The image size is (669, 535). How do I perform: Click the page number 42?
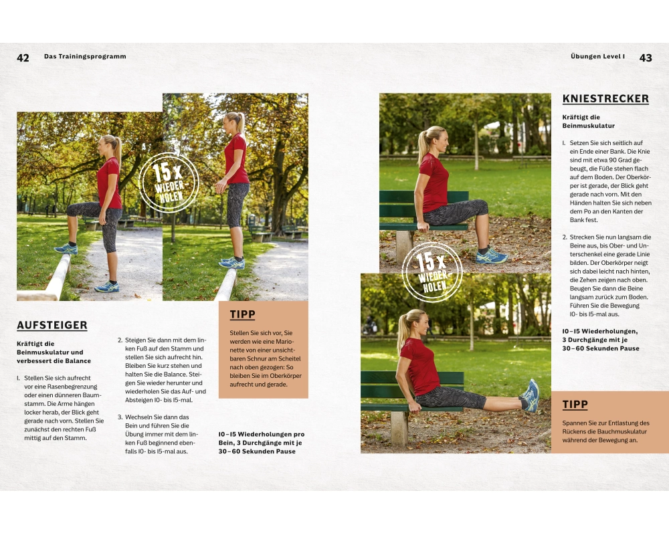(23, 58)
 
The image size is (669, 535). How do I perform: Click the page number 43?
(646, 58)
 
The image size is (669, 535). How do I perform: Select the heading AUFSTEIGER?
(52, 325)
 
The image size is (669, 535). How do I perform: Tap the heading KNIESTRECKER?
(605, 99)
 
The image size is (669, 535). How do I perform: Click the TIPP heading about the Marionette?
(242, 314)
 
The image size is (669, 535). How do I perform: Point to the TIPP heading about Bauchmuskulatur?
(575, 405)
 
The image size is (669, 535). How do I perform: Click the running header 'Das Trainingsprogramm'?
(85, 56)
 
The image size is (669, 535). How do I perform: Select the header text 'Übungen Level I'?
(597, 56)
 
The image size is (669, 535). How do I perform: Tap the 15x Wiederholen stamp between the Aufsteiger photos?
(169, 183)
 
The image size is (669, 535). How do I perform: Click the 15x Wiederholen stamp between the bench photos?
(432, 272)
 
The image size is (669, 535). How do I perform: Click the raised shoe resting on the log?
(66, 249)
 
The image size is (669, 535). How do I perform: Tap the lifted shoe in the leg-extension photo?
(531, 395)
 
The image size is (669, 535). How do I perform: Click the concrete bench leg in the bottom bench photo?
(399, 428)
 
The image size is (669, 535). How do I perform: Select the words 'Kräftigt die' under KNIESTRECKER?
(581, 117)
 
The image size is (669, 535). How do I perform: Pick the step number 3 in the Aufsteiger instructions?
(120, 417)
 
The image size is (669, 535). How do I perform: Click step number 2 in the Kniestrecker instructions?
(565, 237)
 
